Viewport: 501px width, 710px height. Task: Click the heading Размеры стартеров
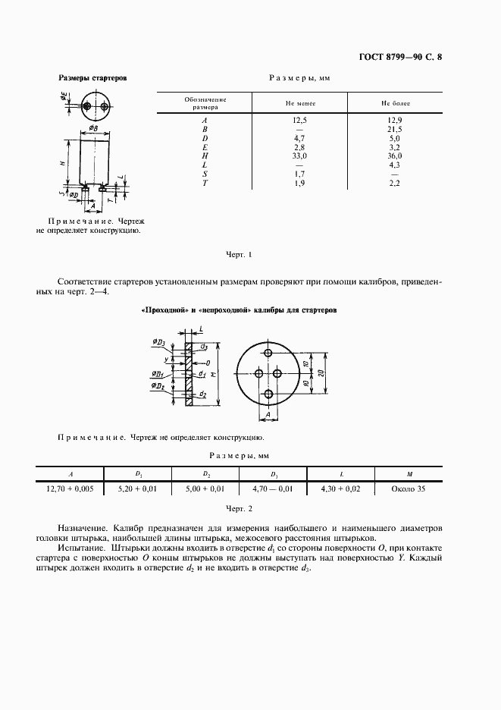coord(92,78)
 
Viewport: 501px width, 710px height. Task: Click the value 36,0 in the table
coord(393,156)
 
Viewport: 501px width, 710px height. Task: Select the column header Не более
coord(393,103)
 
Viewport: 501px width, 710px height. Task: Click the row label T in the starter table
coord(205,182)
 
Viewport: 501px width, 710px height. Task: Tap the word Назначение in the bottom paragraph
coord(84,527)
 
